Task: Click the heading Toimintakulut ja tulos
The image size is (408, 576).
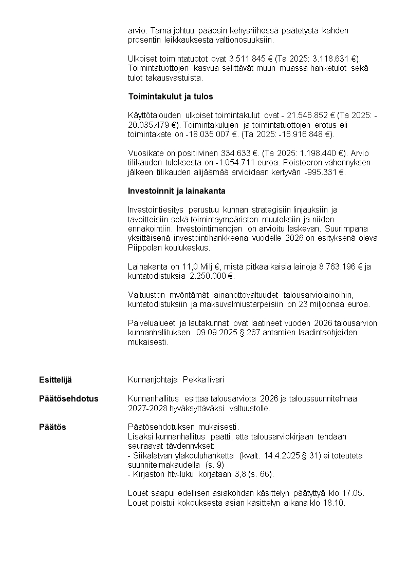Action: (x=170, y=97)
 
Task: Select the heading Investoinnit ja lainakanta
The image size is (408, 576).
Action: (x=176, y=191)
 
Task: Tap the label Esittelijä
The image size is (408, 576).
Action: (x=55, y=380)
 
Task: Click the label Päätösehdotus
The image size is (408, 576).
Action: (x=69, y=399)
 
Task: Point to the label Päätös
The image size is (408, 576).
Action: (x=52, y=427)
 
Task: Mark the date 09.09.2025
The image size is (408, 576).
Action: (x=215, y=332)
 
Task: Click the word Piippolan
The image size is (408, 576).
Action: (x=144, y=247)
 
